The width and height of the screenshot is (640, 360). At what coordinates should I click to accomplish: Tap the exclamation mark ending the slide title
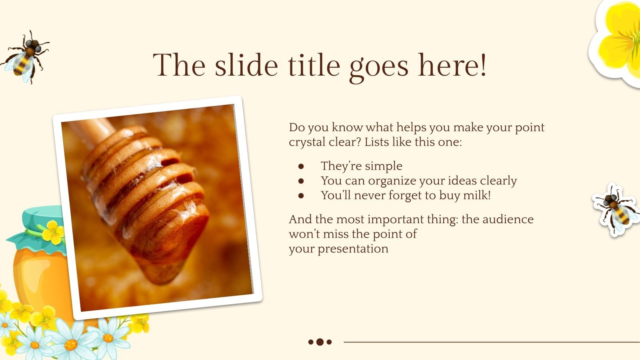tap(483, 65)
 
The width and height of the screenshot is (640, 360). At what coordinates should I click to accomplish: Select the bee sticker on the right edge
tap(615, 209)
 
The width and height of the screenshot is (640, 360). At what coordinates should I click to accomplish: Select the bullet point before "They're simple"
tap(301, 166)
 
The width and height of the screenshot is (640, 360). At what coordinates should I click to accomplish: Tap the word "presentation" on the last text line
tap(353, 249)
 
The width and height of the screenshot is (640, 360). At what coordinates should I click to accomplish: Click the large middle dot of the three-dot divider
tap(320, 342)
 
